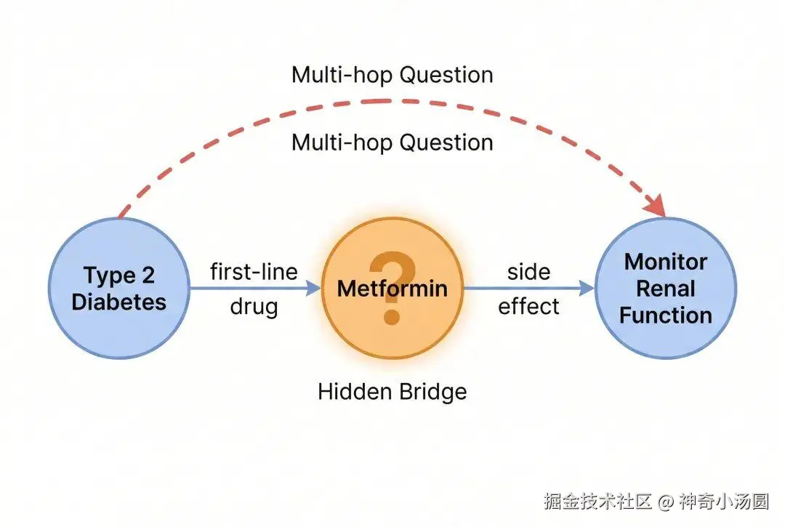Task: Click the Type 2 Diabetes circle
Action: (x=119, y=289)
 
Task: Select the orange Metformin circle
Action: (x=392, y=289)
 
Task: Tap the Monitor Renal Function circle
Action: (x=666, y=289)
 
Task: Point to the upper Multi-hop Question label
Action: (x=392, y=75)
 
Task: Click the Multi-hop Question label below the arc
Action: (x=392, y=142)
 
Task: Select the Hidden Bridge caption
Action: (x=392, y=392)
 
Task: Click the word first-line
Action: (x=254, y=272)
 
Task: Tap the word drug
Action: (x=254, y=307)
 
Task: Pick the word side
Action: (x=528, y=273)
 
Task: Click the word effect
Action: (x=528, y=306)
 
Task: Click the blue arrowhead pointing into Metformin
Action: (x=313, y=289)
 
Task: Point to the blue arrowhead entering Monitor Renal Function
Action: (x=587, y=289)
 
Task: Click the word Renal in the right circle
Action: (x=666, y=289)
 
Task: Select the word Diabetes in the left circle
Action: (x=119, y=302)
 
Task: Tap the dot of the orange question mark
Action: (x=392, y=316)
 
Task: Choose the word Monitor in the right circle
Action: (x=666, y=262)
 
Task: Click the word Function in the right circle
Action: (x=666, y=315)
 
